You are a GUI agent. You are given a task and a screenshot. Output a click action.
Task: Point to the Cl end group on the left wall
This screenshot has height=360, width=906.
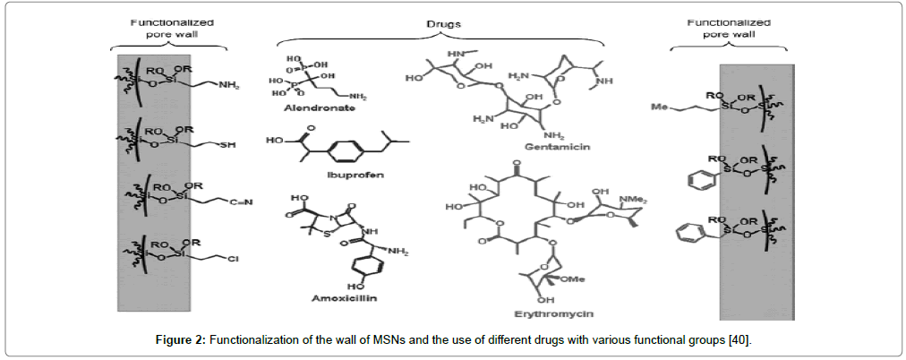click(231, 260)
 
